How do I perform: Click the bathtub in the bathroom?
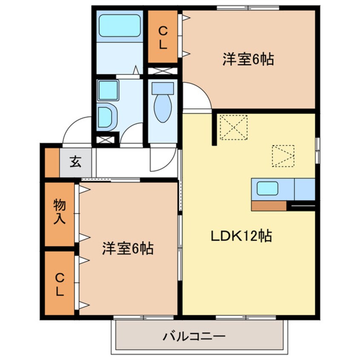(120, 26)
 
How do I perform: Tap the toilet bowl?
(162, 108)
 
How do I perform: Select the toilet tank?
(163, 89)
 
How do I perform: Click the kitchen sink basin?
(267, 188)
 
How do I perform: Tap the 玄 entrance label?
(75, 162)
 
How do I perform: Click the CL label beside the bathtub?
(162, 37)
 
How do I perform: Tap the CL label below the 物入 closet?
(59, 285)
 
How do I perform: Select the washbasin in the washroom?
(106, 116)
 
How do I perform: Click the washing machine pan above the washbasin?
(108, 90)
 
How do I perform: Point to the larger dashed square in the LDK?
(233, 126)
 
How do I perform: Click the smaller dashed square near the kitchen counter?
(283, 156)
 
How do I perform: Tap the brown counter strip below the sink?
(269, 206)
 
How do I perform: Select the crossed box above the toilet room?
(162, 71)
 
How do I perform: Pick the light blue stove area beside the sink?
(304, 189)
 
